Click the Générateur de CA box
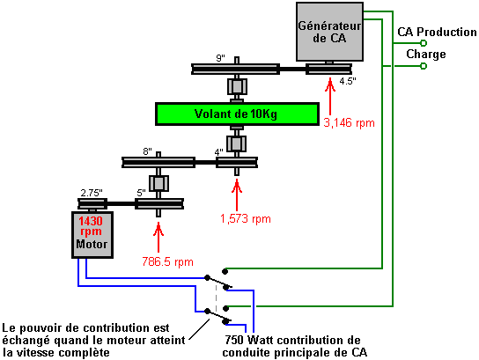coord(329,32)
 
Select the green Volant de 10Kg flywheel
coord(237,114)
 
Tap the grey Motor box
coord(92,235)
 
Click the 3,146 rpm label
coord(349,123)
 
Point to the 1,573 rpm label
coord(246,219)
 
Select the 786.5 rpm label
coord(167,262)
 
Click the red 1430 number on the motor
coord(91,221)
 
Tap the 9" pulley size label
coord(220,58)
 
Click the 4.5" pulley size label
coord(348,81)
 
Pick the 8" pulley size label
coord(147,151)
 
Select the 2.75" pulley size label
coord(92,193)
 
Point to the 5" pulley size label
coord(141,193)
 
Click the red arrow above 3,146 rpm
coord(330,96)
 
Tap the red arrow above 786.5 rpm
coord(158,237)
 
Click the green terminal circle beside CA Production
coord(424,43)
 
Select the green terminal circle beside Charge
coord(424,66)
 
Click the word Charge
coord(426,55)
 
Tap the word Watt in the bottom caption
coord(262,340)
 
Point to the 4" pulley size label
coord(218,152)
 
